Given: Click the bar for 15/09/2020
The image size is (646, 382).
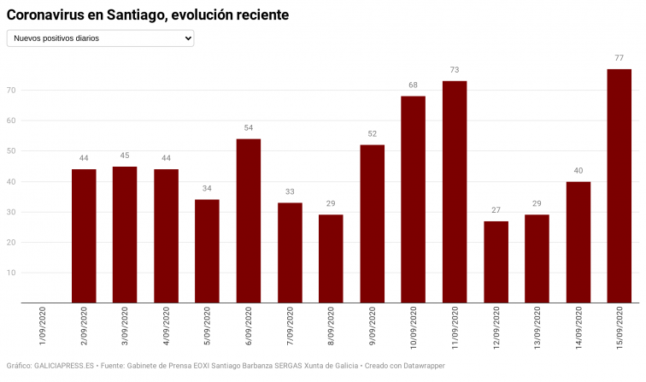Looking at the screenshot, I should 619,185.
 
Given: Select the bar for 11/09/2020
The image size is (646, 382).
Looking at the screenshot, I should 455,191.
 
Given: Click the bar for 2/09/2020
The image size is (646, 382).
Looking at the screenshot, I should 84,236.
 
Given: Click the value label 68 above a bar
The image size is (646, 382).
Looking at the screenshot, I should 413,85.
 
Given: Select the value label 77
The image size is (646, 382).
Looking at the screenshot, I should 619,57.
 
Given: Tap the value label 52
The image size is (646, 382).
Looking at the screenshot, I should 372,133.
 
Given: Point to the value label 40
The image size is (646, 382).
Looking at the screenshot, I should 578,170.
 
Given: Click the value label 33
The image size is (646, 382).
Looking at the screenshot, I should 290,191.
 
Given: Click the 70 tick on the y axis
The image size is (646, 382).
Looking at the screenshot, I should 12,90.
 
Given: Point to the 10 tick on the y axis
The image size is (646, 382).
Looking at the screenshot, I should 12,273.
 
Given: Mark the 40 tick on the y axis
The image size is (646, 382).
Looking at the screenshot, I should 12,181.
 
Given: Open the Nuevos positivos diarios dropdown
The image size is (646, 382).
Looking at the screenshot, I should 100,38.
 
